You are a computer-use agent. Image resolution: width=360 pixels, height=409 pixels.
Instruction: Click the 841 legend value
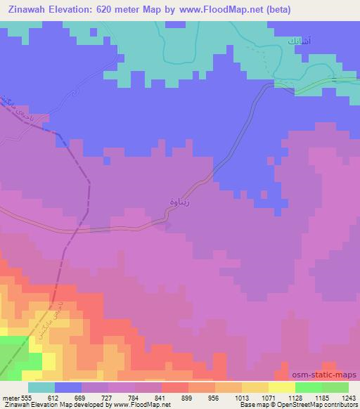(160, 397)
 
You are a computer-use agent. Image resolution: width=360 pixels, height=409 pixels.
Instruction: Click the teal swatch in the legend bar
(41, 387)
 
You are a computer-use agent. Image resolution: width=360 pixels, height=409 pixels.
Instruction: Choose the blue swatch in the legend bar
(68, 387)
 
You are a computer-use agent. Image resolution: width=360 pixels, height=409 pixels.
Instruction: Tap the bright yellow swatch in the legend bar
(282, 387)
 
